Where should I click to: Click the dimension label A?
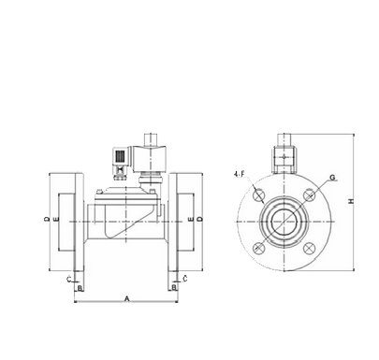pyautogui.click(x=127, y=298)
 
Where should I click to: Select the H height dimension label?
pyautogui.click(x=352, y=201)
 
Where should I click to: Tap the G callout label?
pyautogui.click(x=332, y=178)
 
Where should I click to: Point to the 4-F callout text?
pyautogui.click(x=239, y=175)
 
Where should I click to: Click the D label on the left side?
pyautogui.click(x=47, y=219)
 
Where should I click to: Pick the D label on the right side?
pyautogui.click(x=201, y=219)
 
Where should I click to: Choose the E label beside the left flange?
pyautogui.click(x=56, y=219)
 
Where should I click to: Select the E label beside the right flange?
pyautogui.click(x=192, y=219)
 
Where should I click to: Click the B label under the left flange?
pyautogui.click(x=80, y=288)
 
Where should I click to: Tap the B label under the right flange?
pyautogui.click(x=174, y=287)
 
